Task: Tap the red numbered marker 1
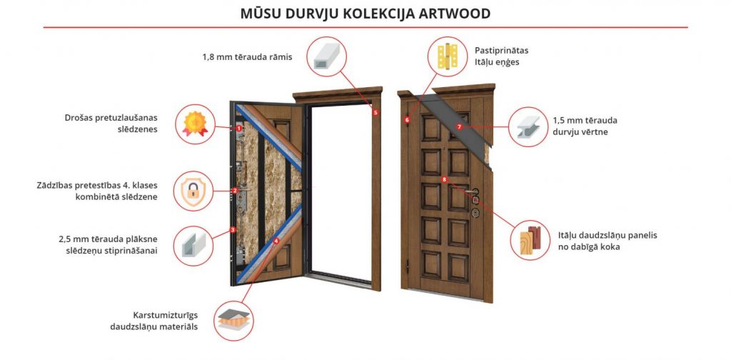[238, 128]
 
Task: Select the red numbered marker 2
[235, 190]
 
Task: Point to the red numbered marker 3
[233, 229]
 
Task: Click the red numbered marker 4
[276, 241]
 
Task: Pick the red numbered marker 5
[375, 112]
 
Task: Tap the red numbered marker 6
[407, 120]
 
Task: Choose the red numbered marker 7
[459, 126]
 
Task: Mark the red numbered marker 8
[444, 179]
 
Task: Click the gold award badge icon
[195, 124]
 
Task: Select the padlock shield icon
[193, 191]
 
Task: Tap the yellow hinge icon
[448, 56]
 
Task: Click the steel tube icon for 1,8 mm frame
[327, 56]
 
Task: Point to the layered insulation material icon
[234, 320]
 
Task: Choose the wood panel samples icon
[530, 240]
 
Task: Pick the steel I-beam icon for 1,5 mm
[528, 127]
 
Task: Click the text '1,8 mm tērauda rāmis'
[247, 57]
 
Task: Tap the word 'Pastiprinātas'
[502, 51]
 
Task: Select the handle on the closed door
[471, 191]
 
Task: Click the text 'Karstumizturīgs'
[166, 315]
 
